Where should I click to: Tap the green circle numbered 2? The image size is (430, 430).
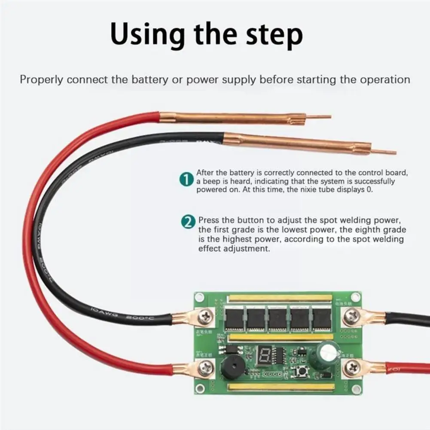point(188,222)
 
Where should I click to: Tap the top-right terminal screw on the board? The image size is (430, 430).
point(353,317)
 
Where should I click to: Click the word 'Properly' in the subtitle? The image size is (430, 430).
point(41,79)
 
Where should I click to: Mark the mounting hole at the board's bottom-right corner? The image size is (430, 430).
point(356,389)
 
